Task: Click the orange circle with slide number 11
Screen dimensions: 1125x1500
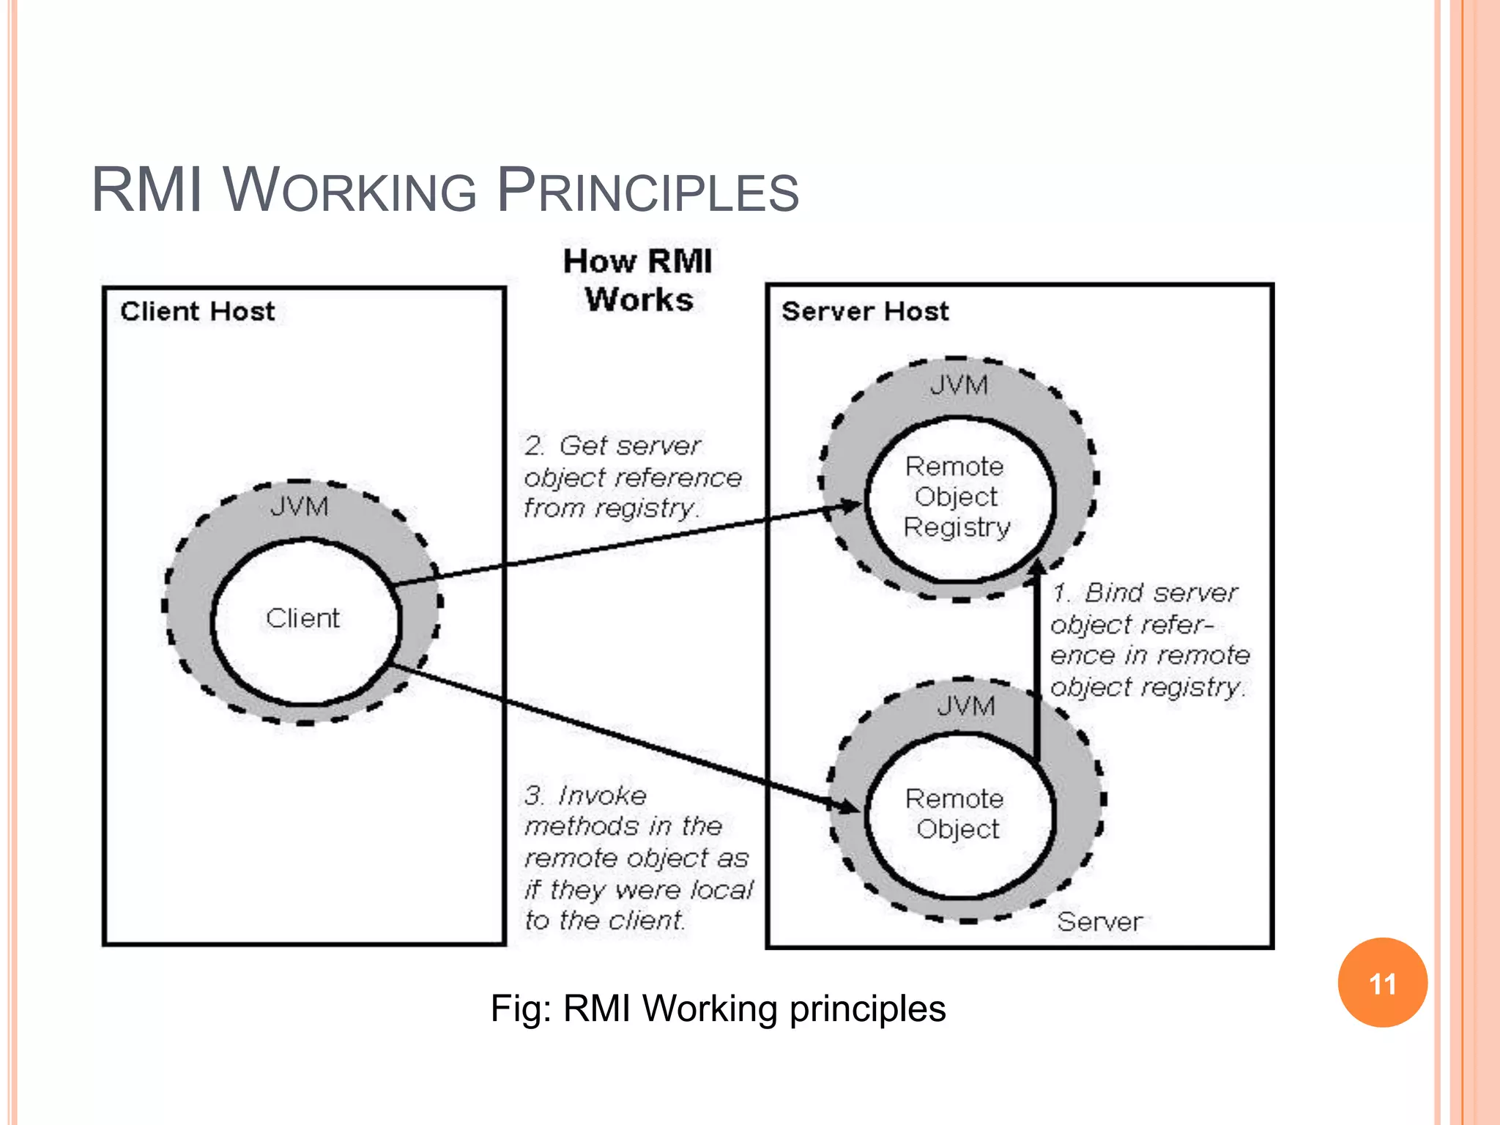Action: click(1382, 983)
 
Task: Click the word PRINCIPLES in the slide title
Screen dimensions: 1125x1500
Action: click(647, 192)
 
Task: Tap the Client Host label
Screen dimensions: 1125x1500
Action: click(197, 311)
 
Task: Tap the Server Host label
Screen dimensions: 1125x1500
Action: click(864, 311)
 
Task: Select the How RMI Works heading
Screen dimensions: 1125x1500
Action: click(637, 280)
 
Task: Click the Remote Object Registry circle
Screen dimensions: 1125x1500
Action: click(958, 498)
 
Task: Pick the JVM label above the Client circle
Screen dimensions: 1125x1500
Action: click(299, 507)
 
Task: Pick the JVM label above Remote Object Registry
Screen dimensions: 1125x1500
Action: click(959, 385)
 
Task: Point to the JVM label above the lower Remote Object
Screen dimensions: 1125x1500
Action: click(966, 706)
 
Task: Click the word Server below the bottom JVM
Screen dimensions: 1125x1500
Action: click(1099, 921)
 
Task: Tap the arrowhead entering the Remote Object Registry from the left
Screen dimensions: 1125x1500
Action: click(851, 505)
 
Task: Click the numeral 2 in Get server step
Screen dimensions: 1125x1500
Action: click(533, 445)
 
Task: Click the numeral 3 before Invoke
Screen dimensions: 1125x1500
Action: click(533, 795)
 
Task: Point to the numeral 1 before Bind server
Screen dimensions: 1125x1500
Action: click(1059, 593)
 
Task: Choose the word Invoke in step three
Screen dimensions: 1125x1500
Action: click(602, 795)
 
